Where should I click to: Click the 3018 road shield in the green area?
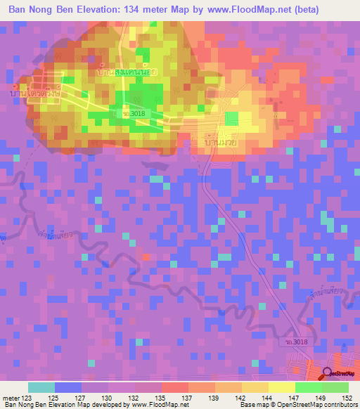click(x=133, y=112)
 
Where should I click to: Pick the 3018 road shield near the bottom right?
click(x=298, y=342)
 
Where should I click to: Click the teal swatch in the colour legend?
click(x=41, y=387)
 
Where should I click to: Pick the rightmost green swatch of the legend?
click(x=335, y=387)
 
